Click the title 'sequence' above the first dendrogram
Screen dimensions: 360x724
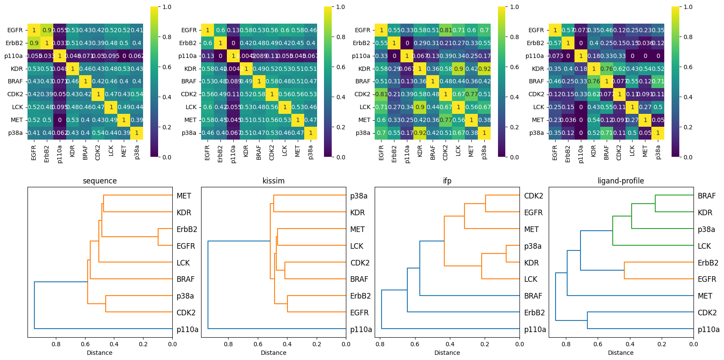(100, 181)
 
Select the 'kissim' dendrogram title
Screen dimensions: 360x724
(273, 181)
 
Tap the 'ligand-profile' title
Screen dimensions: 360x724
(620, 181)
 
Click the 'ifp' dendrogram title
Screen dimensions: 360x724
(447, 181)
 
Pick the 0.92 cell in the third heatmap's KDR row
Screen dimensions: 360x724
(484, 69)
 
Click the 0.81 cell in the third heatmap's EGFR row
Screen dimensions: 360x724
(446, 30)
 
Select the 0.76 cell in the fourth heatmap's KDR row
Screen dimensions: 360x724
(606, 69)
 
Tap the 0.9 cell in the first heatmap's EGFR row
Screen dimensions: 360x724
(47, 30)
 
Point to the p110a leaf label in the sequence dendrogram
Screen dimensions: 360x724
(187, 329)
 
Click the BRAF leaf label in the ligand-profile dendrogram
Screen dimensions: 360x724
(706, 196)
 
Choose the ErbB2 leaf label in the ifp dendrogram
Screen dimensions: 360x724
(534, 313)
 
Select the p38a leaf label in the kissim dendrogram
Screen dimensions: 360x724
(358, 196)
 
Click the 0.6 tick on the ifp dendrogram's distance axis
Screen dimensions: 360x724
(415, 344)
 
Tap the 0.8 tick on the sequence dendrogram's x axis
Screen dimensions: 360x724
(56, 344)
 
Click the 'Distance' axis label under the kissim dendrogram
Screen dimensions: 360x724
(273, 353)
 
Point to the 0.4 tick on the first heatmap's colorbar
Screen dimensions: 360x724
(167, 97)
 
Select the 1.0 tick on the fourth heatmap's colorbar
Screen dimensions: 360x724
(688, 7)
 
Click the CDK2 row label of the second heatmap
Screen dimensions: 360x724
(189, 94)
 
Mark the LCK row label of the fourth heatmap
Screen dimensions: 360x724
(538, 107)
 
